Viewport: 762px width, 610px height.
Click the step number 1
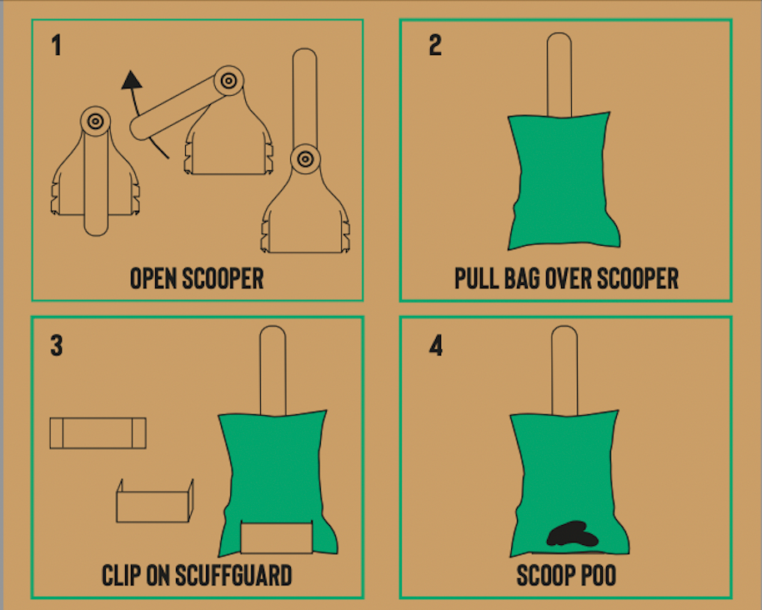click(x=57, y=45)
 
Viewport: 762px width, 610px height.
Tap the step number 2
click(x=435, y=45)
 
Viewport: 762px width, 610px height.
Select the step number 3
click(x=57, y=345)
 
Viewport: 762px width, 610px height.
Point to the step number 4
click(x=436, y=346)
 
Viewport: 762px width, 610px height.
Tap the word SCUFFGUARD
click(x=233, y=576)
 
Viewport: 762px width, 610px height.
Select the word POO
click(x=599, y=576)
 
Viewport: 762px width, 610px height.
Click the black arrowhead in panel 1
click(x=132, y=80)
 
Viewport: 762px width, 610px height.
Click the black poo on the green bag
click(x=573, y=533)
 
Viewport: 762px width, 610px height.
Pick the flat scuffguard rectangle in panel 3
click(x=98, y=432)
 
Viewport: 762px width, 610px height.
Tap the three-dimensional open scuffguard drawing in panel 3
click(x=155, y=501)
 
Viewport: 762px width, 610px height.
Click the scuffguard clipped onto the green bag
click(x=277, y=537)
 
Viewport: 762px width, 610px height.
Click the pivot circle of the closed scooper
click(x=95, y=121)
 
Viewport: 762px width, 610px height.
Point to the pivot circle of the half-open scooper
click(x=228, y=81)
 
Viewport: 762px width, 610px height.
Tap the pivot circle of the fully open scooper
click(x=305, y=158)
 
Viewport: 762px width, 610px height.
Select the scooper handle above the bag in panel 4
click(x=564, y=371)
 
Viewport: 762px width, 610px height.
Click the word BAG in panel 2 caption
click(x=523, y=279)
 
